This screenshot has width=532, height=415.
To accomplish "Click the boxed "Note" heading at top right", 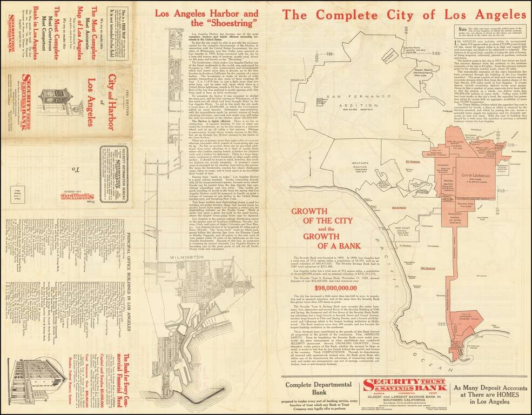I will point(462,31).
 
